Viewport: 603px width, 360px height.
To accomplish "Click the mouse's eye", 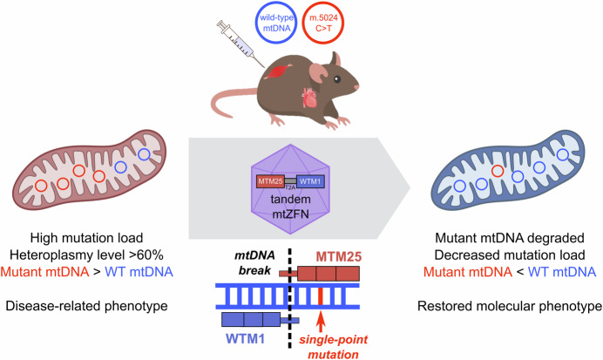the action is [x=337, y=79].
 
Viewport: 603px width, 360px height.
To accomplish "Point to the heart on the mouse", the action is [x=308, y=98].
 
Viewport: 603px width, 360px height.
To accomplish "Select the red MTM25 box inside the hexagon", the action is [x=270, y=181].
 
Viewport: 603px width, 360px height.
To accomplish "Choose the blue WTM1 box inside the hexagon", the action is [x=310, y=181].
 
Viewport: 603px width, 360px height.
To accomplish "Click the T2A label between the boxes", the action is [x=290, y=188].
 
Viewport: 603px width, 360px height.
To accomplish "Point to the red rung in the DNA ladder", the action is [x=320, y=296].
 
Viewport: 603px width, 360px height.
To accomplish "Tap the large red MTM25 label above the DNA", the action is [x=339, y=257].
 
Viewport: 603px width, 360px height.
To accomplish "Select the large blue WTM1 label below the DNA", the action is [x=246, y=339].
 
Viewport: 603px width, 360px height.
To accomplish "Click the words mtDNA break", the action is [x=254, y=262].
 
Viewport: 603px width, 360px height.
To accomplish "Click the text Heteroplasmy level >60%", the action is [x=87, y=255].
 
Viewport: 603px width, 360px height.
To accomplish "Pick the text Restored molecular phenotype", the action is [x=510, y=306].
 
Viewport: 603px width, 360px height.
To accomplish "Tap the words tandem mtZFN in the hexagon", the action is [x=290, y=207].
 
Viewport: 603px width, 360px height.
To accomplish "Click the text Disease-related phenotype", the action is [x=86, y=306].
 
